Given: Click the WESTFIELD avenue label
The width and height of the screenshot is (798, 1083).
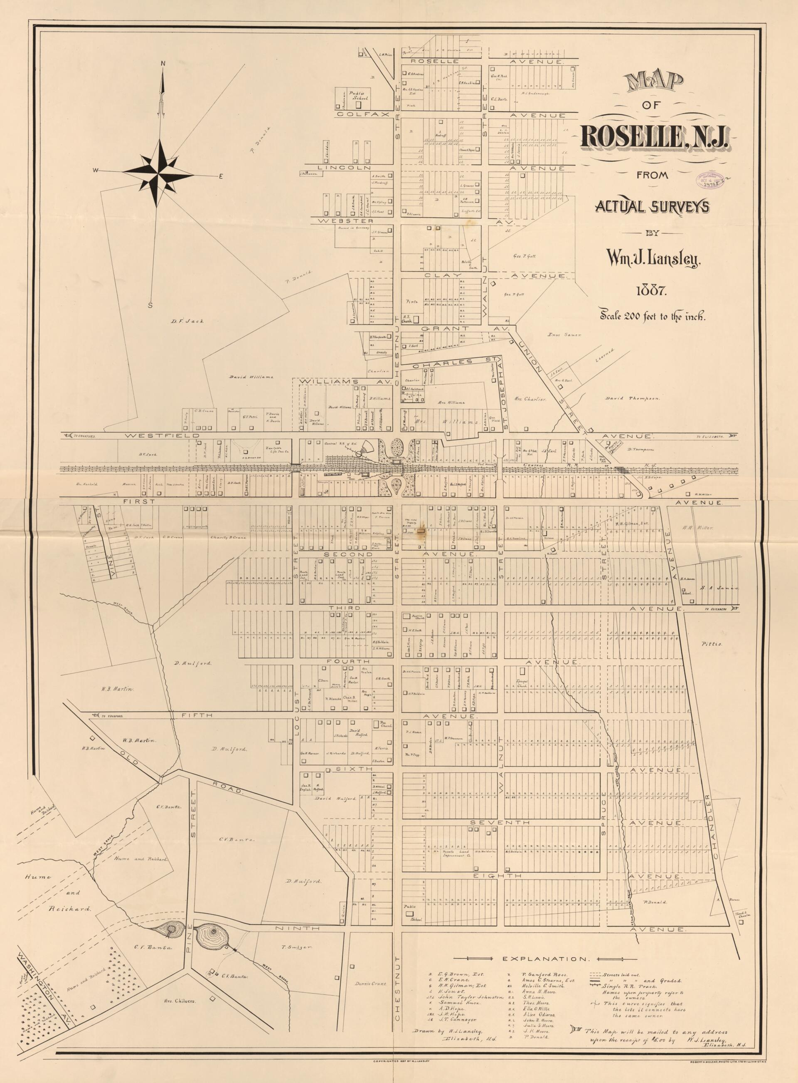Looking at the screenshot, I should (x=162, y=435).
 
